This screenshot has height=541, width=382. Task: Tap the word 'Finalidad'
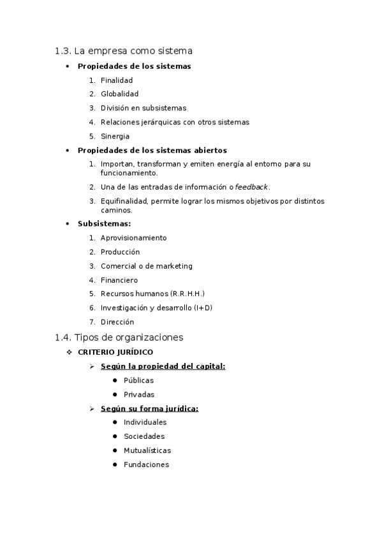pos(117,80)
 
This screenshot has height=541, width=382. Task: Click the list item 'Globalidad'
pos(119,94)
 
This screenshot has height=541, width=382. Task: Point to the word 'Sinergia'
pos(115,137)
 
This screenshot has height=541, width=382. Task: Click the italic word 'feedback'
pos(252,188)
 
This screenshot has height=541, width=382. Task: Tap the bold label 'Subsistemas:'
pos(104,224)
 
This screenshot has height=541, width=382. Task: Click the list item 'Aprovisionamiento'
pos(133,238)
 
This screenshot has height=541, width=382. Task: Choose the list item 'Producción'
pos(120,252)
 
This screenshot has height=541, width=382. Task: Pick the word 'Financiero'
pos(119,280)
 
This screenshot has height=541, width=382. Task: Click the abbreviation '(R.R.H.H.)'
pos(187,294)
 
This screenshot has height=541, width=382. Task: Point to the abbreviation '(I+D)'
pos(203,308)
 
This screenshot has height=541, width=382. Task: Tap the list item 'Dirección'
pos(117,322)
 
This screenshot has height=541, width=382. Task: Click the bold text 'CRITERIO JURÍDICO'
pos(115,352)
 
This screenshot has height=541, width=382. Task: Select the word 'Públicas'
pos(138,380)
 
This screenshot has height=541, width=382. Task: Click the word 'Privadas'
pos(139,394)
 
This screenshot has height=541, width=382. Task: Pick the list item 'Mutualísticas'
pos(147,450)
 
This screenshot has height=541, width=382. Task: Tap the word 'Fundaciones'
pos(146,464)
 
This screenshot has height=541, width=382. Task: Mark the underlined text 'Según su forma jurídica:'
pos(149,408)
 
